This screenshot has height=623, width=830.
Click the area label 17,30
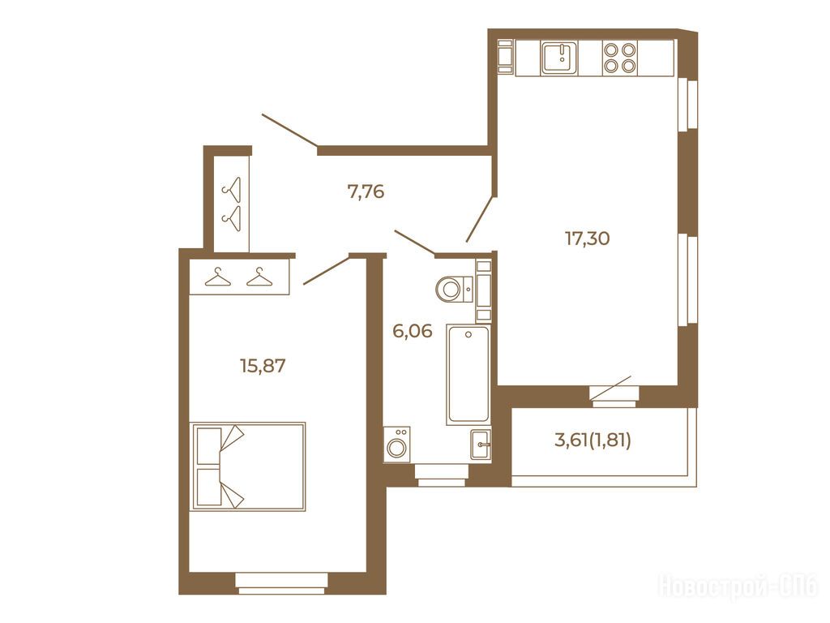click(587, 238)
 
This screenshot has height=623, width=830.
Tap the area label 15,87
click(263, 366)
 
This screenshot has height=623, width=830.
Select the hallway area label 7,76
click(366, 191)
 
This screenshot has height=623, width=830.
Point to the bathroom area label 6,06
click(412, 332)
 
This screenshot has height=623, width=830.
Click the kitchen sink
click(559, 58)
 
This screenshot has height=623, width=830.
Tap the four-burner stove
click(620, 58)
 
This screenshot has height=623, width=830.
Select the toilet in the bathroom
click(454, 289)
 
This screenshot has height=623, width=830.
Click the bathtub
click(468, 375)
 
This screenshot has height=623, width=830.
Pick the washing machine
click(397, 444)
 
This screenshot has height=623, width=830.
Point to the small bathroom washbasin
click(481, 444)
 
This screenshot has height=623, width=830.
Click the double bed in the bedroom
click(248, 466)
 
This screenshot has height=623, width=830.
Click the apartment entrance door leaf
click(289, 129)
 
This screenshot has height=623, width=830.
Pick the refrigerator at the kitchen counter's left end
click(506, 56)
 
